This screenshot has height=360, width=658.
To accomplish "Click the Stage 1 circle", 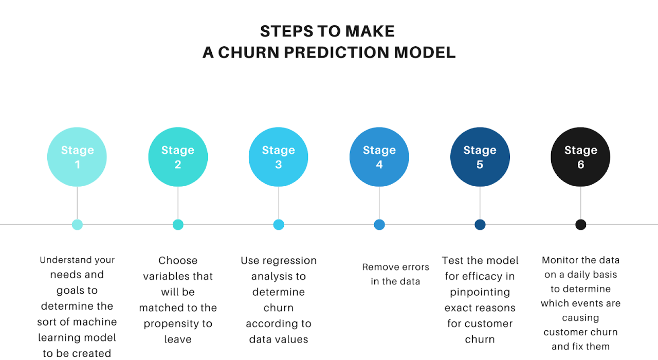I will point(77,157).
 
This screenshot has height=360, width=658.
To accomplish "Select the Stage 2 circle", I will point(178,157).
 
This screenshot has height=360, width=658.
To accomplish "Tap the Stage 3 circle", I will point(279,157).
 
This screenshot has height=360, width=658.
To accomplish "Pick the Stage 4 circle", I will point(379,157).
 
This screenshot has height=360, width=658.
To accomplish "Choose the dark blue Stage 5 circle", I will point(480,157).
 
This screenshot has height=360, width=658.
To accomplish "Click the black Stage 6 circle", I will point(580,157).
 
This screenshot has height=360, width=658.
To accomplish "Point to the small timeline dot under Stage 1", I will point(77,225).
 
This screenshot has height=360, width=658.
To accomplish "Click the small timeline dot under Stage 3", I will point(279,225).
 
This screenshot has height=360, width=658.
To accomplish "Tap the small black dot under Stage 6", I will point(580,225).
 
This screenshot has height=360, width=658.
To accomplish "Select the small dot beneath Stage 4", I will point(379,225).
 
